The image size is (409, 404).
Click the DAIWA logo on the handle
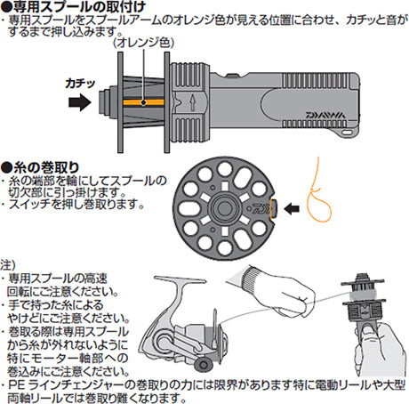pyautogui.click(x=325, y=115)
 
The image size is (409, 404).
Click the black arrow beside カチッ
pyautogui.click(x=80, y=102)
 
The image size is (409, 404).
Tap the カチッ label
pyautogui.click(x=80, y=84)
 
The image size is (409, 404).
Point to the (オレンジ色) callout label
pyautogui.click(x=143, y=44)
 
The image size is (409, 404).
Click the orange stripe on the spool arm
pyautogui.click(x=143, y=102)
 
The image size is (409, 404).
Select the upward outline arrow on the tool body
pyautogui.click(x=193, y=102)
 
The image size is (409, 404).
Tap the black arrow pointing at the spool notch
pyautogui.click(x=292, y=209)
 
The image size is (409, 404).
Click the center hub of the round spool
pyautogui.click(x=224, y=208)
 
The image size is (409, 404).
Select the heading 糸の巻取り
pyautogui.click(x=40, y=168)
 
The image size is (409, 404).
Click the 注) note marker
pyautogui.click(x=8, y=265)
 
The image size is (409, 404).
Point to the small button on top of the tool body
pyautogui.click(x=233, y=75)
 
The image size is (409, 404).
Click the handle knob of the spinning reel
pyautogui.click(x=204, y=364)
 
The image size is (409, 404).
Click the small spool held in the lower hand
pyautogui.click(x=364, y=299)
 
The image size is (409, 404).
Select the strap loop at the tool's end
pyautogui.click(x=349, y=132)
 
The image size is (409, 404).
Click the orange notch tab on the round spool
pyautogui.click(x=273, y=209)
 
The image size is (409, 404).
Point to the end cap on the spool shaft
pyautogui.click(x=104, y=102)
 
